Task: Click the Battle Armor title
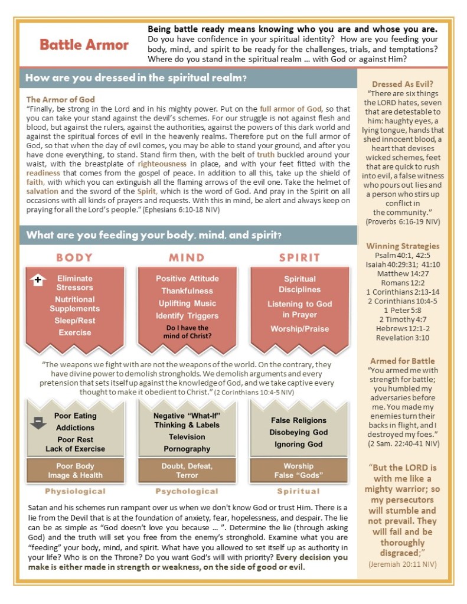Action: tap(84, 44)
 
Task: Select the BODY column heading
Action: tap(74, 257)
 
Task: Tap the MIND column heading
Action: tap(187, 257)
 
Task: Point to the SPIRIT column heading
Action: tap(299, 257)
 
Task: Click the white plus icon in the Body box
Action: tap(37, 280)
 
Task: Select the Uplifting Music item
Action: tap(187, 303)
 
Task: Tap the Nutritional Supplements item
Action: tap(74, 304)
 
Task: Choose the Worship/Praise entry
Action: tap(299, 329)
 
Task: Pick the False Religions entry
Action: tap(299, 420)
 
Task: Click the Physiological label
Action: tap(75, 491)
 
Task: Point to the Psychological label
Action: tap(187, 491)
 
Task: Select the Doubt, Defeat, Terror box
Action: tap(187, 471)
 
